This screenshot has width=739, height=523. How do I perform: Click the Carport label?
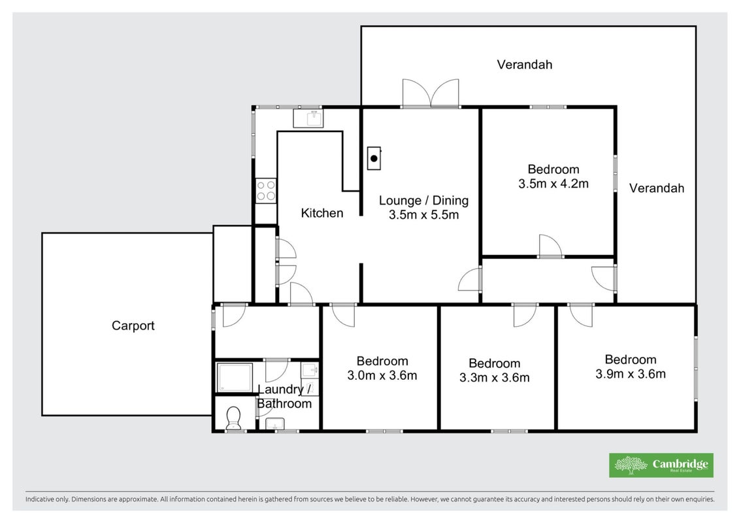coord(133,326)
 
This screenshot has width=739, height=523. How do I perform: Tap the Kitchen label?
coord(322,213)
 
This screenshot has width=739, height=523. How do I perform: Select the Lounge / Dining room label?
coord(423,201)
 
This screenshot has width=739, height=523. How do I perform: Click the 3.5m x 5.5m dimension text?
coord(423,215)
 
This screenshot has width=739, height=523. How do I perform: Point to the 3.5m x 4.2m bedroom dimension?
coord(553,184)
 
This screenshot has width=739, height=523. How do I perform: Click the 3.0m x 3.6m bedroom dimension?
coord(382,375)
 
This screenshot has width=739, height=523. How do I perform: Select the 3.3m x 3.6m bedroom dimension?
coord(495,378)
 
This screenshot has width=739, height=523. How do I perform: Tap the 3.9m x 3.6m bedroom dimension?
coord(631,374)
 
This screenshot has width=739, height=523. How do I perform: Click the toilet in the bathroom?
coord(233,418)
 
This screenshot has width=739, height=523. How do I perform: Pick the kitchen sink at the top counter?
coord(308,118)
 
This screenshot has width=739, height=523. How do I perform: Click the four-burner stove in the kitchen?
coord(266,191)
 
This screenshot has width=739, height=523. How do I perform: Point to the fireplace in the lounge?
coord(374,158)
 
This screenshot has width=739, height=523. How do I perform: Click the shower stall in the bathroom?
coord(234,377)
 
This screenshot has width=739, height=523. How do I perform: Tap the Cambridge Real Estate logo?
coord(661,465)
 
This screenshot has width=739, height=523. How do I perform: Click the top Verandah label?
coord(525,65)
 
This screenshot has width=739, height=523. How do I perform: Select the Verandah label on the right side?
coord(657,188)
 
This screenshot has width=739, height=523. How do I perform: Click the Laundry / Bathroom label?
coord(284,397)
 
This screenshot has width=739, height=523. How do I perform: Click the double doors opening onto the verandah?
coord(431,94)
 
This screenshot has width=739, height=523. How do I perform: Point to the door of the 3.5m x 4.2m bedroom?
coord(550,246)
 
